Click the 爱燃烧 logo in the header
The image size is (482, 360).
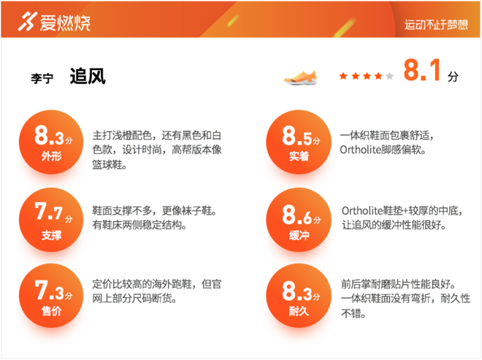(x=54, y=22)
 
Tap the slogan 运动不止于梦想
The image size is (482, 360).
(x=436, y=24)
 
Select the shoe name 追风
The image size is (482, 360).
(x=88, y=77)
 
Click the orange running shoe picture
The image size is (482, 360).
(x=302, y=75)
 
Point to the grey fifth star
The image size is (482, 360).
(x=389, y=75)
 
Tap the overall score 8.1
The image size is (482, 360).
(x=423, y=72)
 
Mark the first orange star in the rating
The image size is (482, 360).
(x=343, y=75)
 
